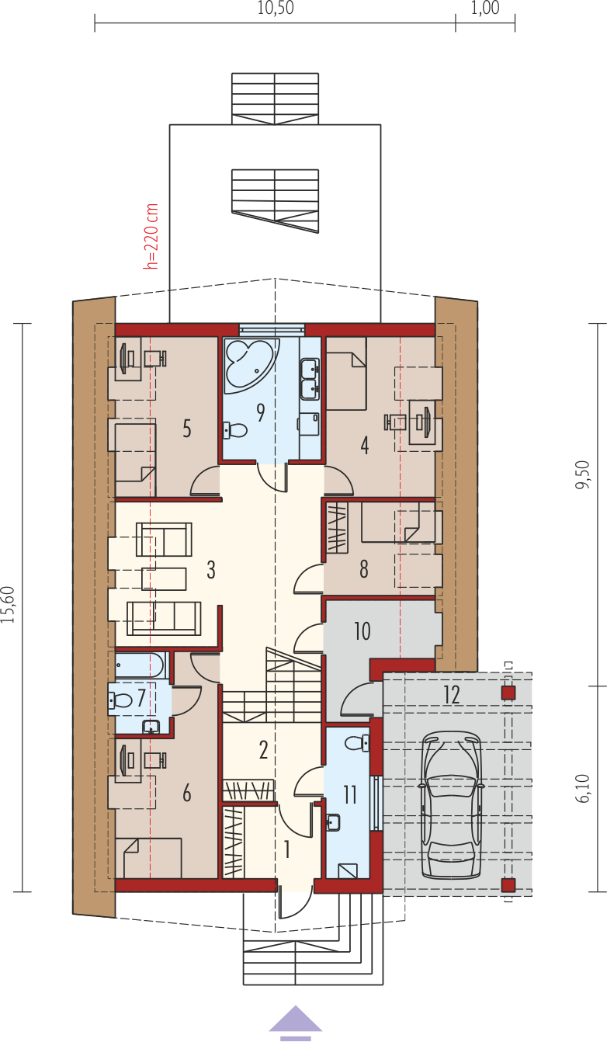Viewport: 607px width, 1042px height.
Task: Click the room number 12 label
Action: [452, 695]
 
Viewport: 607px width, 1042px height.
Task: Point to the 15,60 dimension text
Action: [9, 604]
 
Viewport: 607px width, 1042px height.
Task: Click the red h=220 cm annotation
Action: [151, 236]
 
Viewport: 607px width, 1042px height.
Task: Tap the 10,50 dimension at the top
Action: [276, 9]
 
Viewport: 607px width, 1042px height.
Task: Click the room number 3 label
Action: [210, 570]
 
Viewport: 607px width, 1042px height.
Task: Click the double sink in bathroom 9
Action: [309, 378]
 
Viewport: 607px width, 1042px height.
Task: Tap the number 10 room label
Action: [362, 631]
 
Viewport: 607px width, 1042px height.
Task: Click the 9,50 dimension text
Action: [583, 474]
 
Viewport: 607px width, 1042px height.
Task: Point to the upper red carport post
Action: [508, 693]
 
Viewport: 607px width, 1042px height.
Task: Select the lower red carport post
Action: [508, 885]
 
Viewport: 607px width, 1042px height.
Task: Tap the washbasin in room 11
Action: [333, 822]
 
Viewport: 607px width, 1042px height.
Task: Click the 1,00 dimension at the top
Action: [485, 9]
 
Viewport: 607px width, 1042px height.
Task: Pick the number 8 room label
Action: [364, 569]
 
